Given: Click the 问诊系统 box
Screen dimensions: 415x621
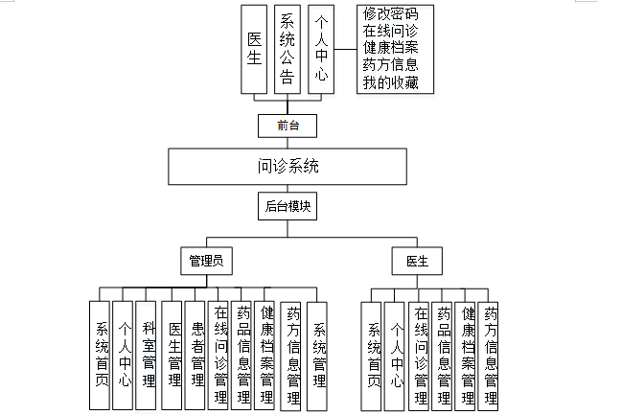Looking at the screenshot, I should pos(288,166).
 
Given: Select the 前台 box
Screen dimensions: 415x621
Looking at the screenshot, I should pos(287,126).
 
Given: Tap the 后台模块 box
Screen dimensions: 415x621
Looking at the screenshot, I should pos(287,206).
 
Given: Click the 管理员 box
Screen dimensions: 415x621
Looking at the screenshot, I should pos(206,260).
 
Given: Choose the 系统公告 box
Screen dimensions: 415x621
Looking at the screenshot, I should pos(287,50).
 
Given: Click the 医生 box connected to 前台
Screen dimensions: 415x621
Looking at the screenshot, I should pos(255,50).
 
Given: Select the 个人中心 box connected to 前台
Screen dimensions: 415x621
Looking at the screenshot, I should pos(319,50).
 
